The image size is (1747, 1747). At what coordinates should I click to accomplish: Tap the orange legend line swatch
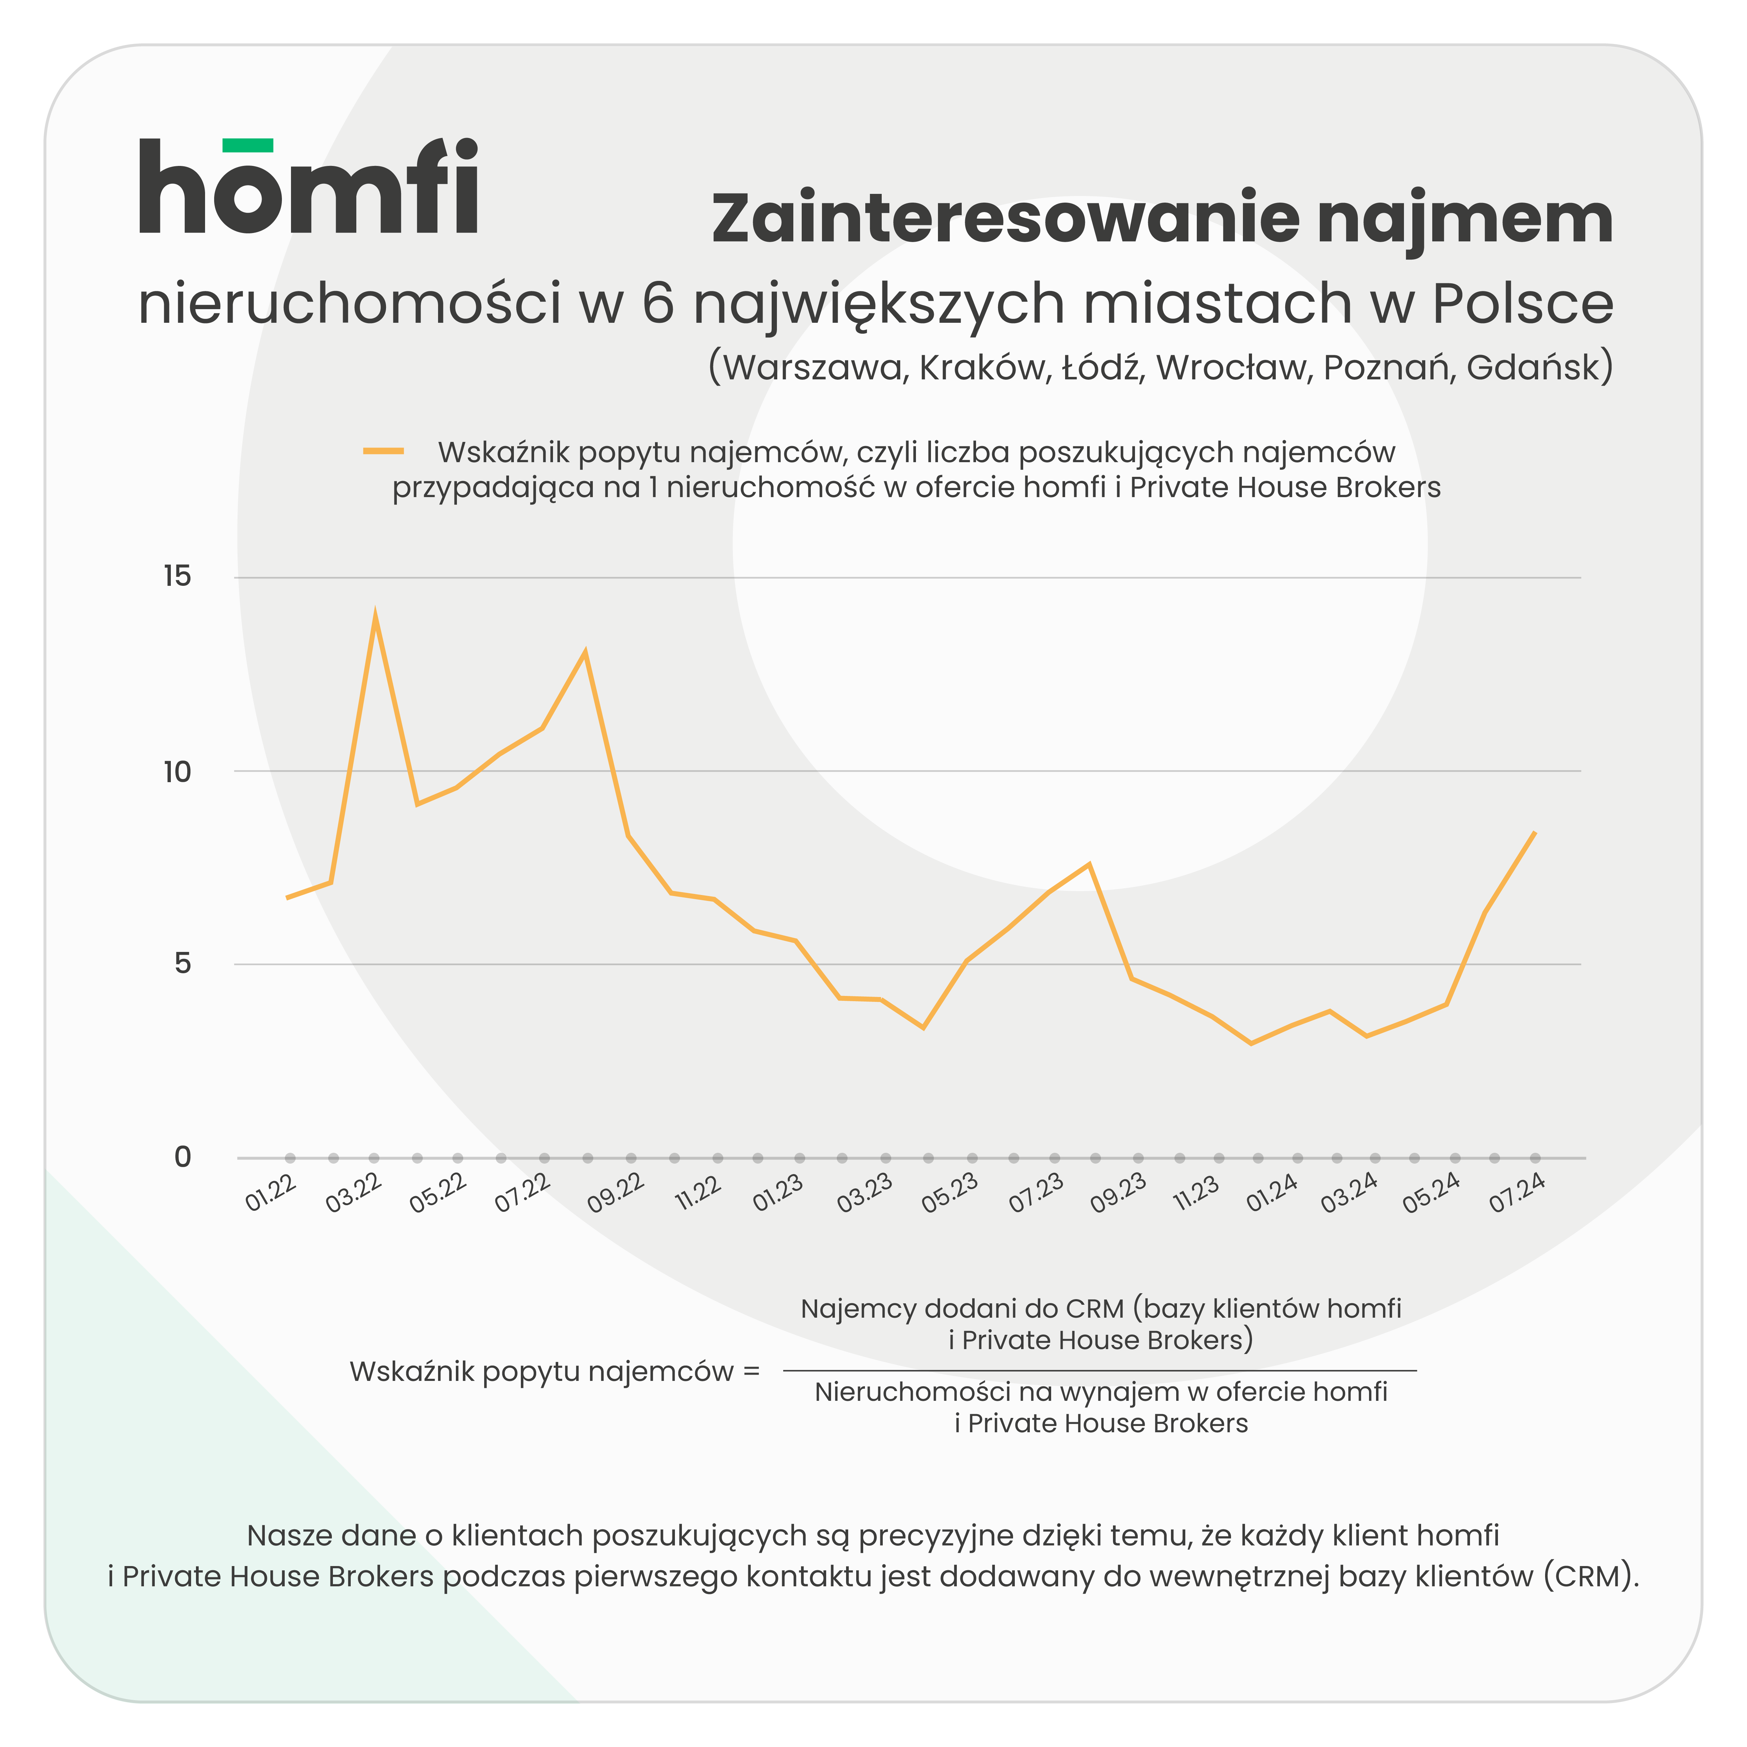point(384,451)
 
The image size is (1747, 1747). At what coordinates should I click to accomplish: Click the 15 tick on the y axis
point(177,576)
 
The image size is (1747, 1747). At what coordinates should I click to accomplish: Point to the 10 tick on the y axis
point(177,771)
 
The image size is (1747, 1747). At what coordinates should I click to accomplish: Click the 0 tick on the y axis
point(183,1157)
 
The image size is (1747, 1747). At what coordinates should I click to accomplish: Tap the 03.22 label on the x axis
point(354,1194)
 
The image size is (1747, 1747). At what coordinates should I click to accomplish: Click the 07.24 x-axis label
point(1516,1194)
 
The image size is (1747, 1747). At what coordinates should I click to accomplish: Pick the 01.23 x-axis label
point(778,1194)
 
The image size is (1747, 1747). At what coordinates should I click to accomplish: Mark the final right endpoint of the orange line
point(1535,832)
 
